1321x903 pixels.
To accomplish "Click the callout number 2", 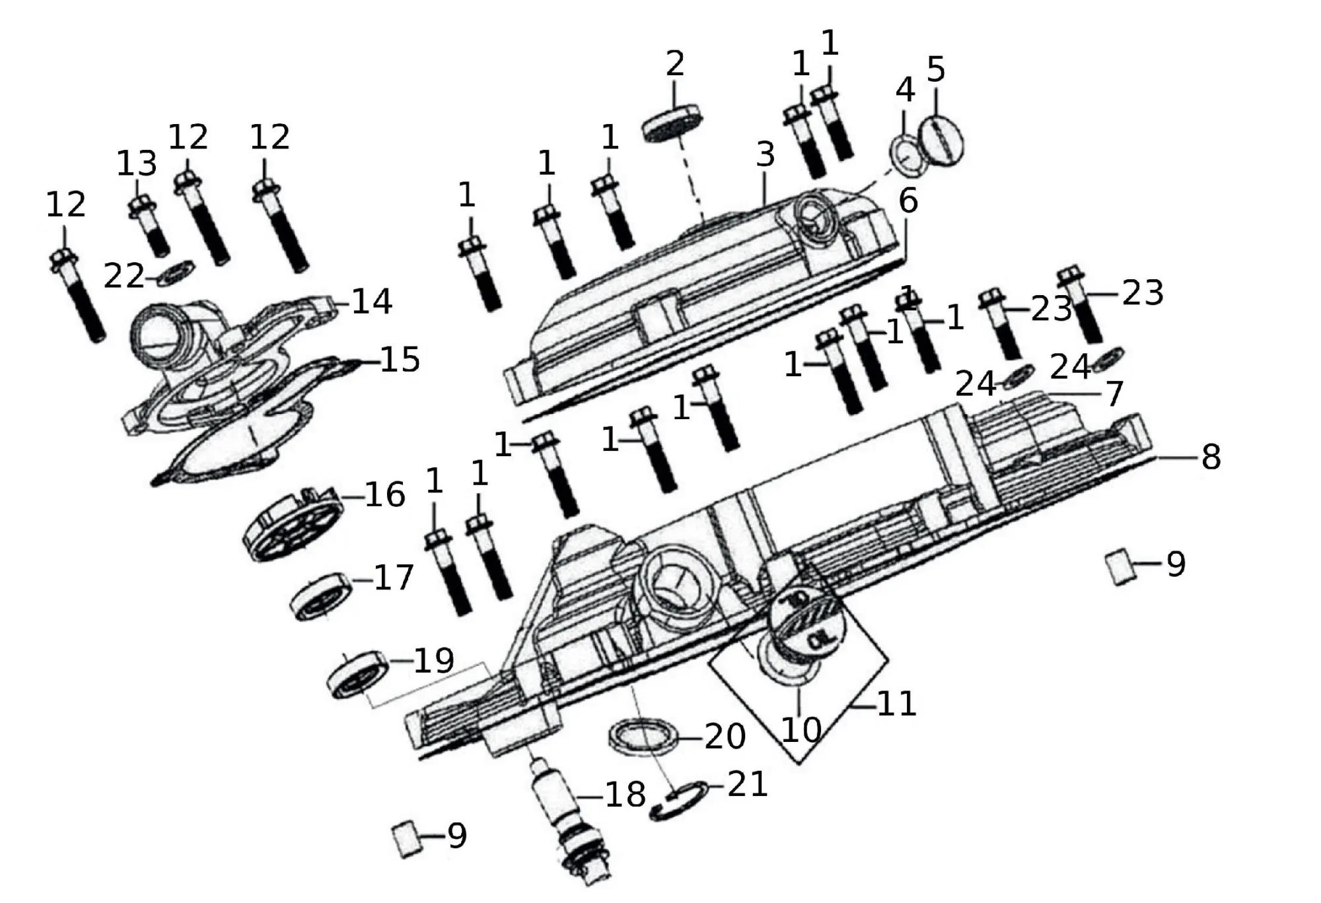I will click(674, 64).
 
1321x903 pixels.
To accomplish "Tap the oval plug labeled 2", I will click(670, 123).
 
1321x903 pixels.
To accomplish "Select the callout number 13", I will click(137, 164).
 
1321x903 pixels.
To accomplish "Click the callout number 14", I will click(372, 302).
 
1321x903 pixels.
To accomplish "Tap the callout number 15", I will click(400, 360).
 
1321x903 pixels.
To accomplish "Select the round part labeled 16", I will click(294, 523).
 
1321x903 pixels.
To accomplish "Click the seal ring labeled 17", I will click(320, 596).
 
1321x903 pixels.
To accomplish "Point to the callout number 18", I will click(625, 795).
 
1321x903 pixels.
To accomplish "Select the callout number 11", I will click(896, 704).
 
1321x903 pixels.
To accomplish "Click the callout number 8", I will click(1211, 457).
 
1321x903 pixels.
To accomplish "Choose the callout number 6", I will click(908, 200).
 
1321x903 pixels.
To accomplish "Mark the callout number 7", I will click(1114, 394).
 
